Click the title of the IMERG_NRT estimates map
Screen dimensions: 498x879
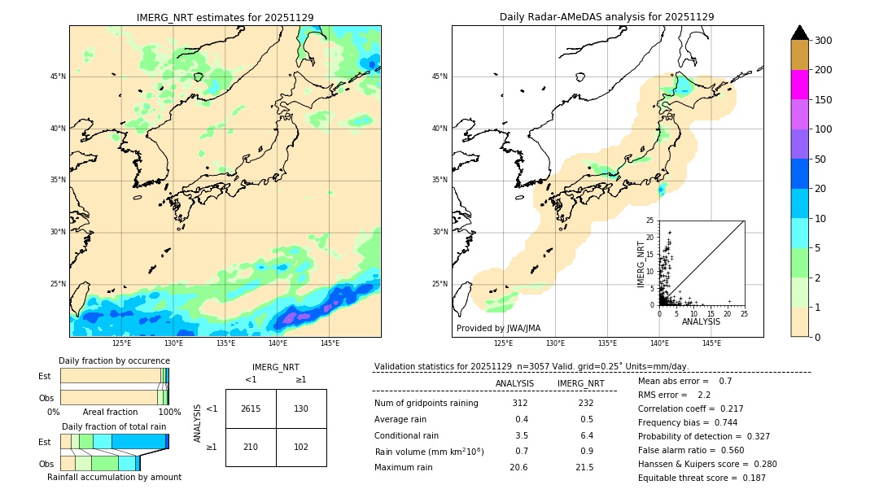225,17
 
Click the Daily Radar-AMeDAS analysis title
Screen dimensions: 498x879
607,17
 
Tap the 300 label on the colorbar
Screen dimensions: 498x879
824,41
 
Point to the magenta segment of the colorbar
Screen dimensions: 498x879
799,85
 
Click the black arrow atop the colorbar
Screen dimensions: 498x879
799,33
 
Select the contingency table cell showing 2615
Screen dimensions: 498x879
251,408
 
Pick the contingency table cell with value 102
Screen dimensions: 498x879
301,447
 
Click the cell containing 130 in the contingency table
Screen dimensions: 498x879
301,408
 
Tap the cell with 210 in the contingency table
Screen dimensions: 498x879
251,447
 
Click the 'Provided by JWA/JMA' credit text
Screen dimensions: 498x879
498,328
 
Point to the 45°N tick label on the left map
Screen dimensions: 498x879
58,76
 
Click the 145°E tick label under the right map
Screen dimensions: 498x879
711,343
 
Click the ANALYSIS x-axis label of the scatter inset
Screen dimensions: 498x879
701,322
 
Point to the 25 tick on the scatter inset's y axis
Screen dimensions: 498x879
650,221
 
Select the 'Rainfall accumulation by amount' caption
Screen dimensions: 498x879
115,477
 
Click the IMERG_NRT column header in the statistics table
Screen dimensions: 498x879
580,383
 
